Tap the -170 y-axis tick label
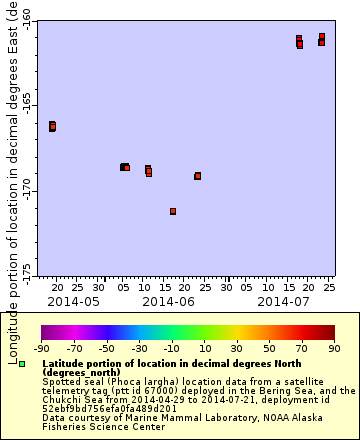26,190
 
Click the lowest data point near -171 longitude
173,211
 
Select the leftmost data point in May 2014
52,126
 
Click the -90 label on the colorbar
41,349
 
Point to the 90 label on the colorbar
335,349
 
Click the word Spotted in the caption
62,381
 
